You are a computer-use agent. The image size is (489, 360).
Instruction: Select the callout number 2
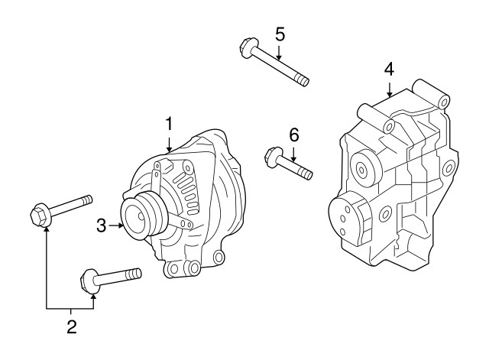71,327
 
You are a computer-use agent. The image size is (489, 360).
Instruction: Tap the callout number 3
101,225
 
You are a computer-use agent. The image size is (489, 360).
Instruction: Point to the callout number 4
389,69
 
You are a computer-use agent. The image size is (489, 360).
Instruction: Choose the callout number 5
280,34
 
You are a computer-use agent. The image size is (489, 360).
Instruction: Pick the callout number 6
293,135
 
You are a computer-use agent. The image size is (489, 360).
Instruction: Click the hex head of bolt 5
245,48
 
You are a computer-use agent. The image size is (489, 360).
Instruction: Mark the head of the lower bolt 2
89,281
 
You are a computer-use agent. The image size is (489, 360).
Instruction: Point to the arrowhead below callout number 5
280,58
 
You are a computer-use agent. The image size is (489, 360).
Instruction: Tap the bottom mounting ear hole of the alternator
192,267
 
